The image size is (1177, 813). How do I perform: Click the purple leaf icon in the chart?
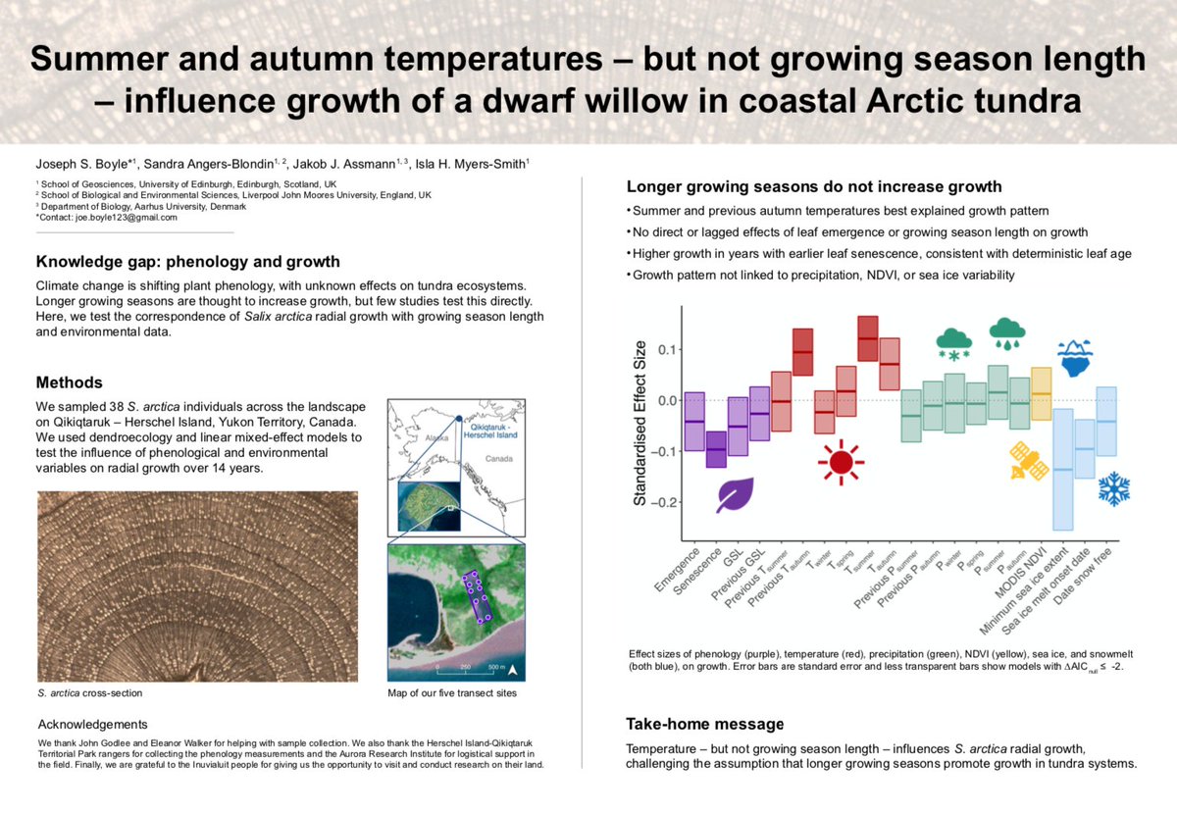(x=734, y=495)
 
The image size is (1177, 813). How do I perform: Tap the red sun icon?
(x=841, y=462)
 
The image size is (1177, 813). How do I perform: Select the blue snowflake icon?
(x=1113, y=488)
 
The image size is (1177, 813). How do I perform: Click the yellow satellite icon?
(x=1030, y=461)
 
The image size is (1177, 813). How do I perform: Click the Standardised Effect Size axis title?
(x=640, y=424)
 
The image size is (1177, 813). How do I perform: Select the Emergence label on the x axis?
(x=678, y=574)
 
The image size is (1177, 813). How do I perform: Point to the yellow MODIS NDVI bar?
(x=1042, y=392)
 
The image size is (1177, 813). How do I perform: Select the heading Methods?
(x=69, y=382)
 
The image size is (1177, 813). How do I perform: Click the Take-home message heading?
(x=704, y=725)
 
